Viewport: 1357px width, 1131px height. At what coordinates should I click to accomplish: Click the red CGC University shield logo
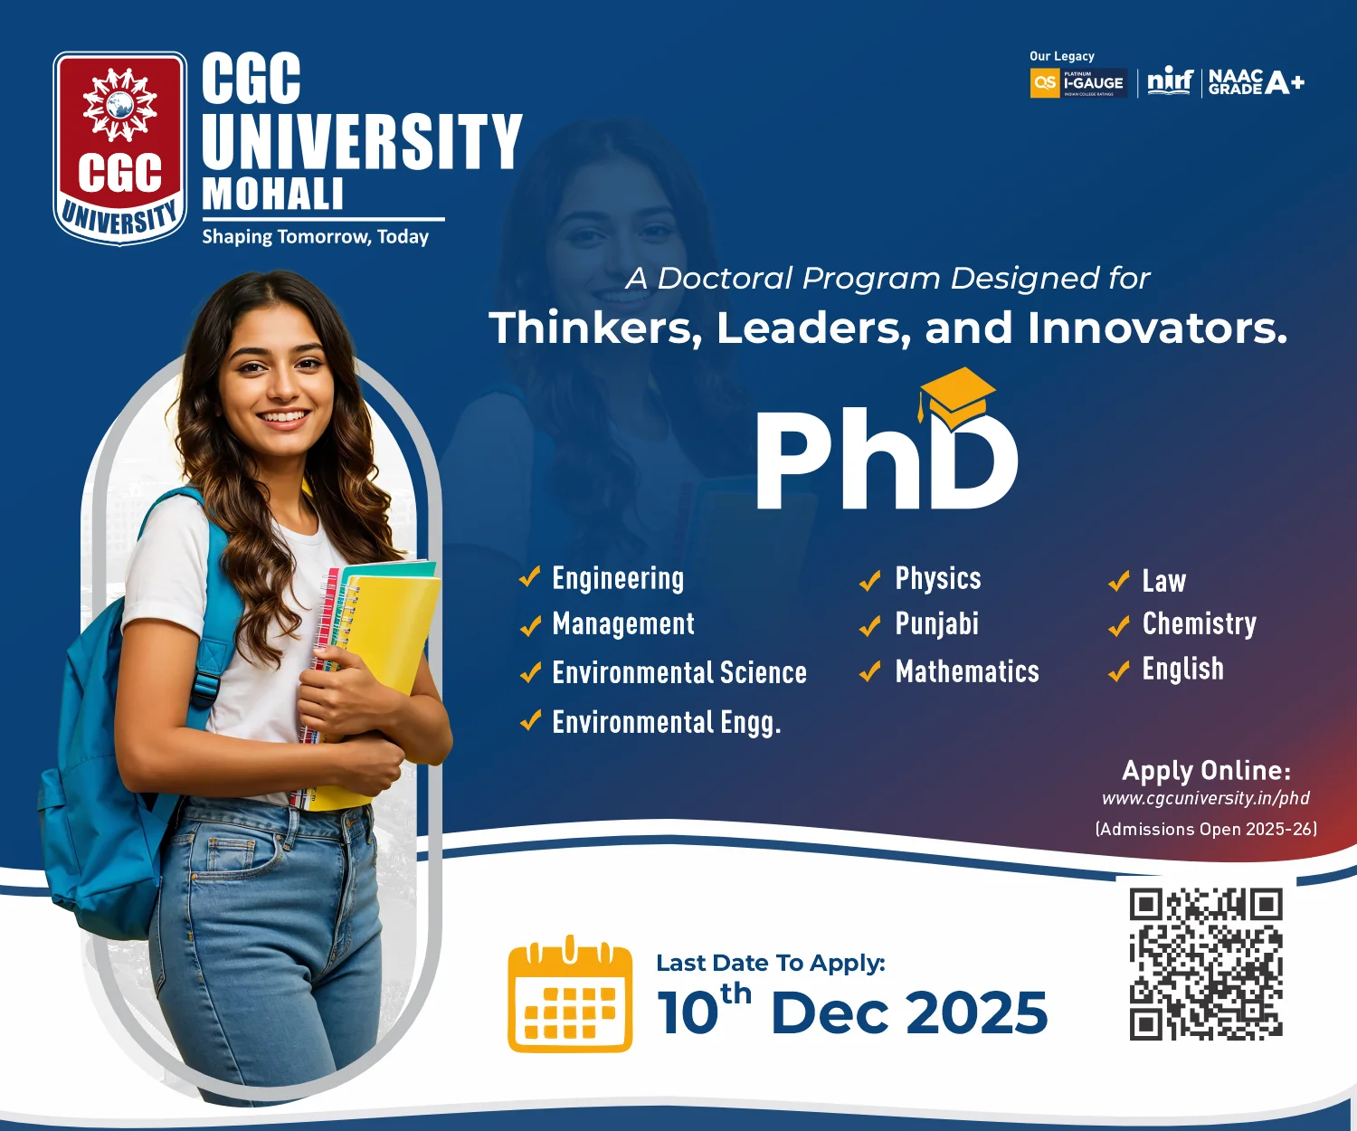pos(120,148)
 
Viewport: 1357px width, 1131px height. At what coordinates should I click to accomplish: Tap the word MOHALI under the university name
pos(273,194)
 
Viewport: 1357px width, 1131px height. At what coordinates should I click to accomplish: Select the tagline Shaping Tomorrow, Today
pos(315,237)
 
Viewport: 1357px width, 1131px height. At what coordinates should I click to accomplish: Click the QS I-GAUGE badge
pos(1079,83)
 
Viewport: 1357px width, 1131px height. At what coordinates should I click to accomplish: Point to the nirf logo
pos(1170,82)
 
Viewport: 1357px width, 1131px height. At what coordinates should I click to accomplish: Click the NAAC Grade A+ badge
pos(1257,82)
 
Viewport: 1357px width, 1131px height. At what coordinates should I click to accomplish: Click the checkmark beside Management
pos(531,625)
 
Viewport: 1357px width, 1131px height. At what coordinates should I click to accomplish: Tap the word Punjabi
pos(936,623)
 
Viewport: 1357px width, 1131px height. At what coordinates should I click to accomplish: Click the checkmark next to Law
pos(1119,581)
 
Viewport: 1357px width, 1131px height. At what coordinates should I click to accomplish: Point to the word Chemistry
pos(1199,623)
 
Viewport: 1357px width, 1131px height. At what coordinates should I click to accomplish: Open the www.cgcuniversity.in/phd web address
pos(1206,798)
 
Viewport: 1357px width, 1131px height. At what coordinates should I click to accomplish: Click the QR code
pos(1206,965)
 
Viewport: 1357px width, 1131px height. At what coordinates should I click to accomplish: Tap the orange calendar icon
pos(570,993)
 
